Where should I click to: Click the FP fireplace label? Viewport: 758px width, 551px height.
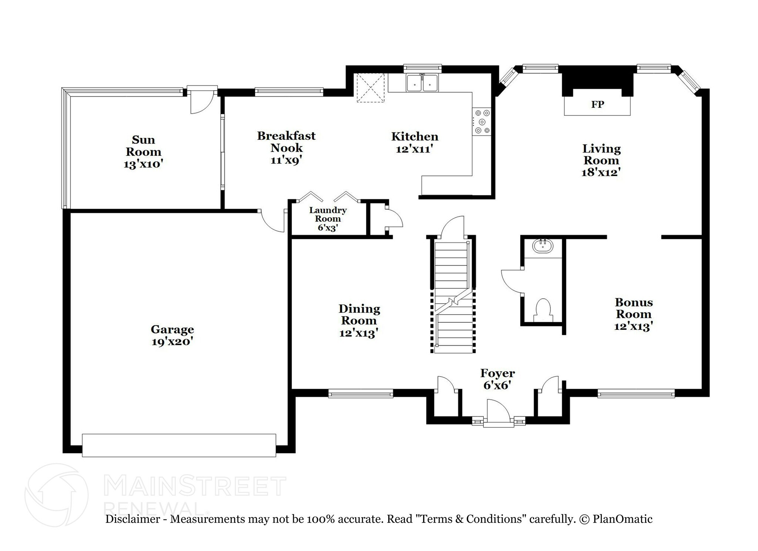(x=597, y=105)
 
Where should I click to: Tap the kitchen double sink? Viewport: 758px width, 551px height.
(x=422, y=83)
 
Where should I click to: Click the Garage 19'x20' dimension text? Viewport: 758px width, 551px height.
(x=172, y=342)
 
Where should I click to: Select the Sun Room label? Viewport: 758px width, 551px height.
(x=143, y=146)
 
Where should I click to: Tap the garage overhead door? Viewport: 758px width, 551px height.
(x=179, y=445)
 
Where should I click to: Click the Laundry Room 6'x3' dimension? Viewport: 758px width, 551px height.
(x=327, y=228)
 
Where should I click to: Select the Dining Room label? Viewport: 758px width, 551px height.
(x=359, y=315)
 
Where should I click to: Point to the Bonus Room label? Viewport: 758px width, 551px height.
(x=633, y=308)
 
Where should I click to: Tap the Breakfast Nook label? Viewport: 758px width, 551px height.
(x=286, y=142)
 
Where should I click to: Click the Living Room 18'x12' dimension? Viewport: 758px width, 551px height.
(x=600, y=172)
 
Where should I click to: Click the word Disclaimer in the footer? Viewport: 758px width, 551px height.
(x=133, y=519)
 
